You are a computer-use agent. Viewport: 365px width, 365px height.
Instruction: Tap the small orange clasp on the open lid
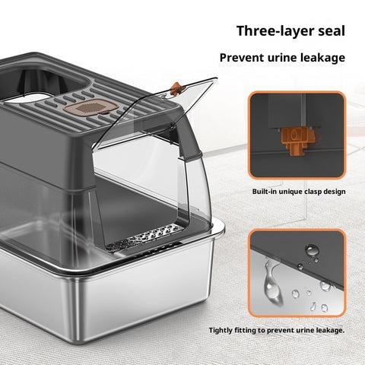[x=177, y=89]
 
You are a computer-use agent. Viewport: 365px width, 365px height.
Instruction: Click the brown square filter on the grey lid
[x=90, y=107]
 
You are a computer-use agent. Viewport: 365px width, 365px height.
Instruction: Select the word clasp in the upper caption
[x=313, y=192]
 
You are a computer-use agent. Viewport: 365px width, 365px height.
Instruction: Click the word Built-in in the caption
[x=264, y=192]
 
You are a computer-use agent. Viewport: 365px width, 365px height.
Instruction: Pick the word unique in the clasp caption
[x=290, y=192]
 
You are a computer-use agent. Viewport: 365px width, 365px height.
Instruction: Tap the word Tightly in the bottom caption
[x=221, y=331]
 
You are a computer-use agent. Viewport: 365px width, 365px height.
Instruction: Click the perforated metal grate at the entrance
[x=145, y=236]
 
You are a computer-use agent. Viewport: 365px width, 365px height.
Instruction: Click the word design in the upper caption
[x=335, y=192]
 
